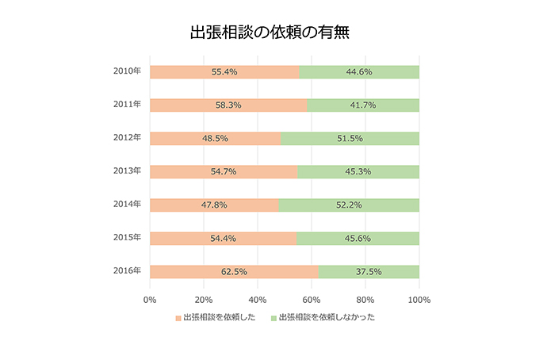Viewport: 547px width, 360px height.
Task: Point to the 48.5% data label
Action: tap(215, 139)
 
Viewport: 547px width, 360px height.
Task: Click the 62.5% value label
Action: tap(233, 272)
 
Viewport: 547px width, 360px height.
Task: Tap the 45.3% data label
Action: tap(359, 172)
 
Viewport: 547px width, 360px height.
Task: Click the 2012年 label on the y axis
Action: tap(127, 137)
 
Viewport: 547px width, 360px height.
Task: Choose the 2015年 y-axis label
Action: tap(127, 237)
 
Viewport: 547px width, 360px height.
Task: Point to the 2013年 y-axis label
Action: tap(127, 170)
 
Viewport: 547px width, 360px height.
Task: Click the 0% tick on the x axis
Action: tap(150, 300)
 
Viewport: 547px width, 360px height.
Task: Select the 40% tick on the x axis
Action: tap(257, 300)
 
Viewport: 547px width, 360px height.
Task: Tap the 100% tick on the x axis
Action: tap(419, 300)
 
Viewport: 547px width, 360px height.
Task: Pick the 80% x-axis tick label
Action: tap(365, 300)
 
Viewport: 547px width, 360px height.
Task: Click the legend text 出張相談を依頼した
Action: tap(219, 318)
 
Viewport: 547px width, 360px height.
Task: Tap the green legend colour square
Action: tap(274, 318)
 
